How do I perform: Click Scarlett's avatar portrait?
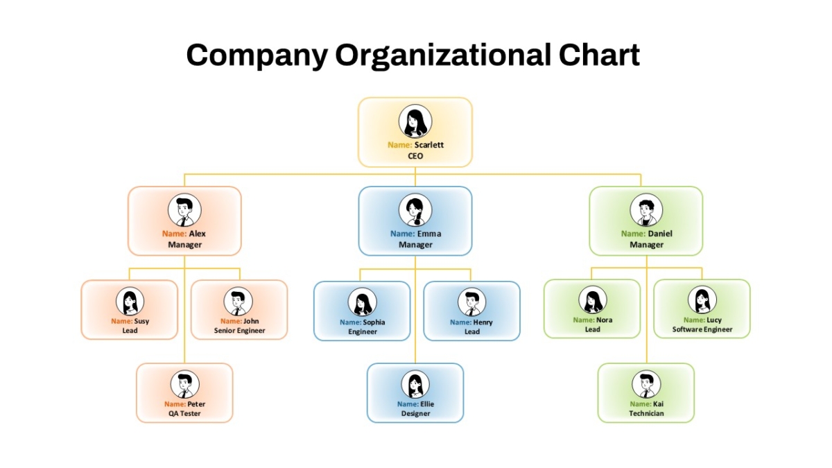point(415,121)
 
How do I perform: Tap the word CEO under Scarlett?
point(415,156)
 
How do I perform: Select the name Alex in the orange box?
point(197,234)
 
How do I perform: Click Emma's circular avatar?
point(415,210)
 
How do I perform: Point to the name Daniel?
point(659,234)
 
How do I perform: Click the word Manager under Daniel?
point(646,245)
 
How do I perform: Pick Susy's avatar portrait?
point(130,301)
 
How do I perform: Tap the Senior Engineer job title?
point(240,331)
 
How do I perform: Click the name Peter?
point(196,404)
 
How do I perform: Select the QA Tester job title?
point(184,413)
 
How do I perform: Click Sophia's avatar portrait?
point(362,302)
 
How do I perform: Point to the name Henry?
point(483,322)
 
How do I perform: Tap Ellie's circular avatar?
point(415,384)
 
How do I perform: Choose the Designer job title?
point(415,413)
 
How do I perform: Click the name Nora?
point(605,320)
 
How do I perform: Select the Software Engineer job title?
point(702,329)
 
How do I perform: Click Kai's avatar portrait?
point(646,384)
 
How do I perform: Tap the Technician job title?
point(646,413)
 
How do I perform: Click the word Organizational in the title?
point(443,55)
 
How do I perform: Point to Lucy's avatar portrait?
point(702,300)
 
